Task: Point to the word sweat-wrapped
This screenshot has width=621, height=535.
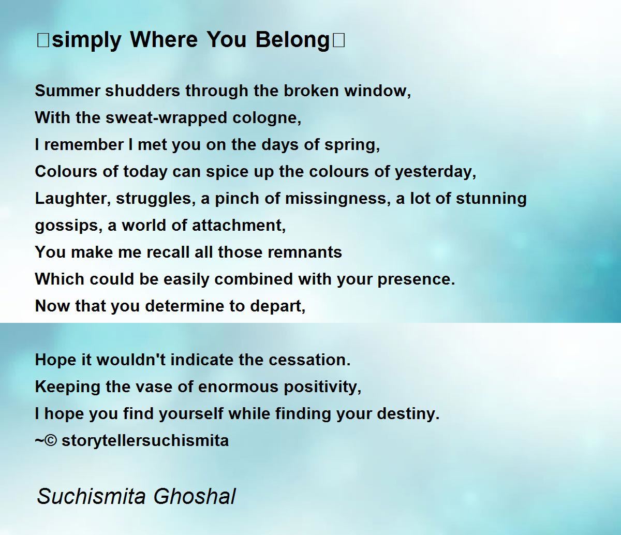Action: pyautogui.click(x=167, y=118)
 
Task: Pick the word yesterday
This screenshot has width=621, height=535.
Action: pyautogui.click(x=435, y=172)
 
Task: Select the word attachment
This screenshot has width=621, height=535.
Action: pyautogui.click(x=239, y=226)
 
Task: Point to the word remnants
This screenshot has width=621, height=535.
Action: pyautogui.click(x=305, y=252)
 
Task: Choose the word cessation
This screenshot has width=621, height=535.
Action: pyautogui.click(x=310, y=360)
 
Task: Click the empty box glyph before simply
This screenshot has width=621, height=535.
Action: pyautogui.click(x=42, y=40)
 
